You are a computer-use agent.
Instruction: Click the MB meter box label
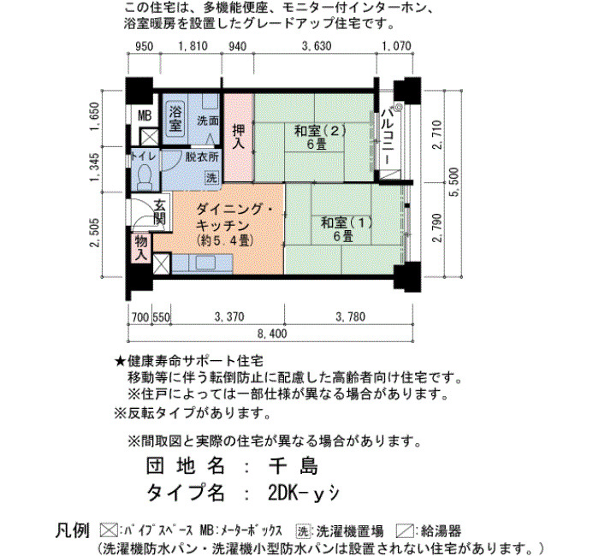pos(145,115)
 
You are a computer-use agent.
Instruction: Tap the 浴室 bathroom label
pos(175,117)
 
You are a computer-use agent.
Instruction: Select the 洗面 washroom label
pos(208,121)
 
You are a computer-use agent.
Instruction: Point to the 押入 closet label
pos(239,137)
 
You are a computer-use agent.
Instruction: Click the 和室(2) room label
pos(320,131)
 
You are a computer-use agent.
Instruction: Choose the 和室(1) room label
pos(347,222)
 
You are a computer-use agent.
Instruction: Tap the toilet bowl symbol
pos(145,177)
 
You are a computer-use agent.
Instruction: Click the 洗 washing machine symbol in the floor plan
pos(211,177)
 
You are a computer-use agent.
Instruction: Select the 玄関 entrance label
pos(160,212)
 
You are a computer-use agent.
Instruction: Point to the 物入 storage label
pos(141,248)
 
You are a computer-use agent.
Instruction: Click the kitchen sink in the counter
pos(205,263)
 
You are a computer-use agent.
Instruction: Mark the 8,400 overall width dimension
pos(272,334)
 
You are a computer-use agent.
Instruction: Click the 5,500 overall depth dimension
pos(455,182)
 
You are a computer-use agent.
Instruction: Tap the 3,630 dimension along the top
pos(317,46)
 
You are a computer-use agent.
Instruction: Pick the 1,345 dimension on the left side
pos(95,168)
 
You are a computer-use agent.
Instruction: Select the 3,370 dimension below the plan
pos(229,317)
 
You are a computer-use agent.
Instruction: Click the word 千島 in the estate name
pos(293,465)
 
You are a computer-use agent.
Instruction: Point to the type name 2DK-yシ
pos(303,493)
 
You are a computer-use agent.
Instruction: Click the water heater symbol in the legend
pos(406,531)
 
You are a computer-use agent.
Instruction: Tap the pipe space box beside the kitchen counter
pos(162,263)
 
